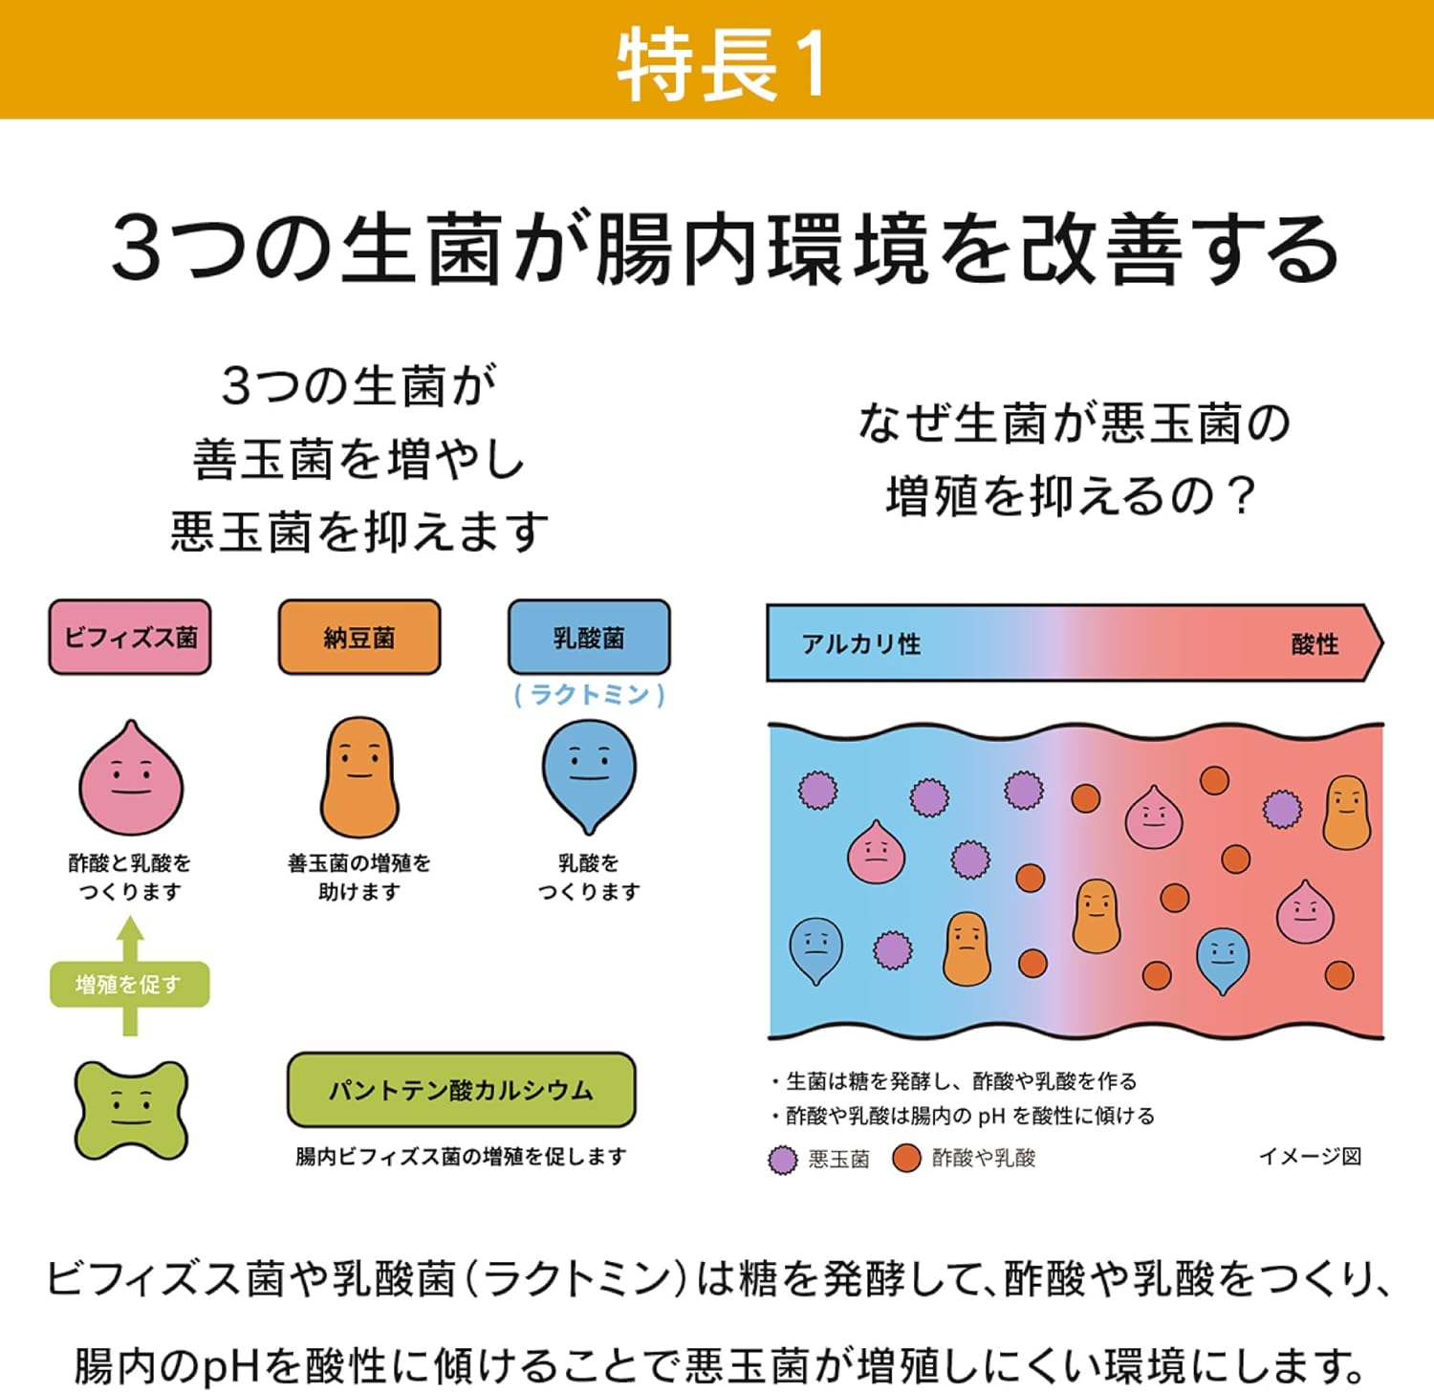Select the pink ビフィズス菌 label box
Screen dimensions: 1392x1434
tap(130, 638)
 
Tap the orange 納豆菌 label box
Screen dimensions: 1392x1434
tap(359, 638)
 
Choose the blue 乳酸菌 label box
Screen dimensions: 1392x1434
tap(589, 638)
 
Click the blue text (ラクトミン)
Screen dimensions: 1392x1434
tap(589, 694)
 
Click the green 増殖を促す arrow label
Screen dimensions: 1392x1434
tap(129, 984)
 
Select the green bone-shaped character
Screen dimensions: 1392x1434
tap(131, 1109)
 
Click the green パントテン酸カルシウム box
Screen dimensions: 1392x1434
tap(461, 1090)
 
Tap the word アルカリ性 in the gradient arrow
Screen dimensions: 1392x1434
tap(861, 643)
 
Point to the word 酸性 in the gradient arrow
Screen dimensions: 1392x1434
tap(1314, 643)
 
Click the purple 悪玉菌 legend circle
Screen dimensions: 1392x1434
tap(783, 1159)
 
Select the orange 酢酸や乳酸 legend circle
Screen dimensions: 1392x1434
tap(905, 1158)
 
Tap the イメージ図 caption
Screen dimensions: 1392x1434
tap(1310, 1157)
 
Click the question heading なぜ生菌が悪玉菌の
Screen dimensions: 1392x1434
tap(1075, 424)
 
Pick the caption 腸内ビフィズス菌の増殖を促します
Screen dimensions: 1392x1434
tap(461, 1157)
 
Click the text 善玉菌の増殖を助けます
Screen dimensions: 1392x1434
tap(359, 877)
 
